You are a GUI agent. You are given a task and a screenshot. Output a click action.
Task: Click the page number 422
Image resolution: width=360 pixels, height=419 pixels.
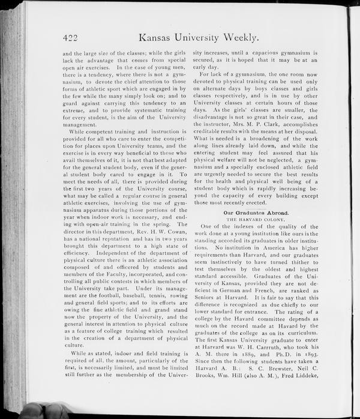[x=72, y=38]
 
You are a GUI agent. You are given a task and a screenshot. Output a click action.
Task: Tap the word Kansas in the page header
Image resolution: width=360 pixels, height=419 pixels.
[x=158, y=38]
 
